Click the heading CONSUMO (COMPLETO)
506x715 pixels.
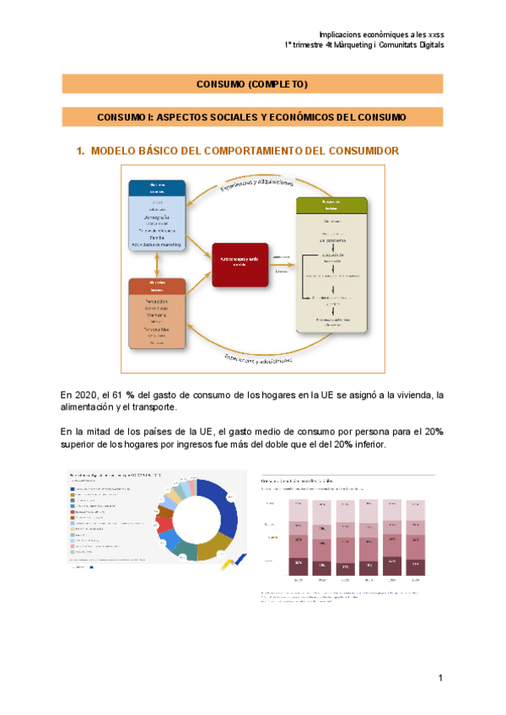click(x=252, y=84)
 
